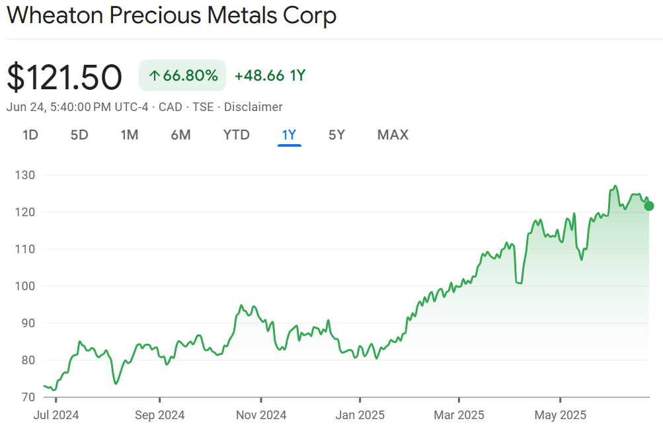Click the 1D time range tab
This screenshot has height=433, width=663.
pos(30,135)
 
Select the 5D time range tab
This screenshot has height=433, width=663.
pos(79,135)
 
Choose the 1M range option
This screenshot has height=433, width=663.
pos(129,135)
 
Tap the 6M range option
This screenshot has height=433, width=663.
pos(180,135)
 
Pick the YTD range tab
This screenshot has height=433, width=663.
pos(236,135)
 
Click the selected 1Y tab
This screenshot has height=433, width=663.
pos(289,135)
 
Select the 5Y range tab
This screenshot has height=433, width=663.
pos(336,135)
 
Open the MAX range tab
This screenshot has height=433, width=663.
pos(393,135)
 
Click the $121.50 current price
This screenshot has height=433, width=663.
pos(64,77)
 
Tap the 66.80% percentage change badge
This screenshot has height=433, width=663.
pos(182,75)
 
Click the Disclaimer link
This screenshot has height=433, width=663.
pos(253,107)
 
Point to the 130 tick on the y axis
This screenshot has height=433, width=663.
pos(26,175)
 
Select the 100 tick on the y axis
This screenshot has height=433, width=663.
pos(26,286)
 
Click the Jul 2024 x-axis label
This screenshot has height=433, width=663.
pos(56,415)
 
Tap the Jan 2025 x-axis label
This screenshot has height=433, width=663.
pos(360,415)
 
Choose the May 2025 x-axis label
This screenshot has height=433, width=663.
pos(560,415)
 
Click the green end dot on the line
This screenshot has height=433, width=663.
pos(649,206)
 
